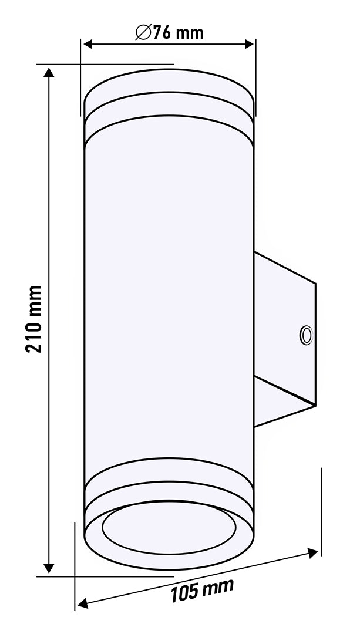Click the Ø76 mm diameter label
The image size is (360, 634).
click(170, 32)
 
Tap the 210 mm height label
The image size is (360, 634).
click(33, 319)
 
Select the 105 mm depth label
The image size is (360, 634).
click(202, 591)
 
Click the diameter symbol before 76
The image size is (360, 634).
click(144, 32)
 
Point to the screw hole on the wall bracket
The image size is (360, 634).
click(306, 336)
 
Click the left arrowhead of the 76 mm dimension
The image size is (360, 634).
click(88, 44)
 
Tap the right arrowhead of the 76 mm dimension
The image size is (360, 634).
click(249, 44)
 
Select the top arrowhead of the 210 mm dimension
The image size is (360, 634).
click(49, 73)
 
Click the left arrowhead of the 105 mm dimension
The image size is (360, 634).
click(83, 604)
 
